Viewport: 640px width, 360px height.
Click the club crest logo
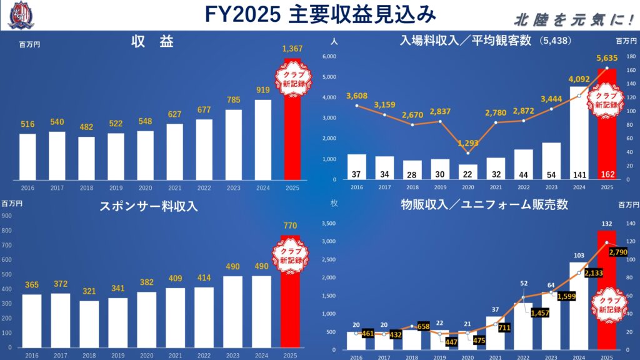[21, 14]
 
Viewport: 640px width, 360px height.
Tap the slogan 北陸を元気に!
[572, 20]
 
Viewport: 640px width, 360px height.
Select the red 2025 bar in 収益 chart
[291, 137]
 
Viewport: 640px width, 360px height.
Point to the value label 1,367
[292, 49]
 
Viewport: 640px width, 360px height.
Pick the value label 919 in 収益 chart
[263, 91]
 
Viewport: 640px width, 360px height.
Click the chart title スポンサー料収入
[149, 206]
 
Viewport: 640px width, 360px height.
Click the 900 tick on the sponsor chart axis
[7, 216]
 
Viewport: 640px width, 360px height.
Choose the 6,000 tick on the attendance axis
[329, 57]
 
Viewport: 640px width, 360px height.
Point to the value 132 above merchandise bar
[606, 224]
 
